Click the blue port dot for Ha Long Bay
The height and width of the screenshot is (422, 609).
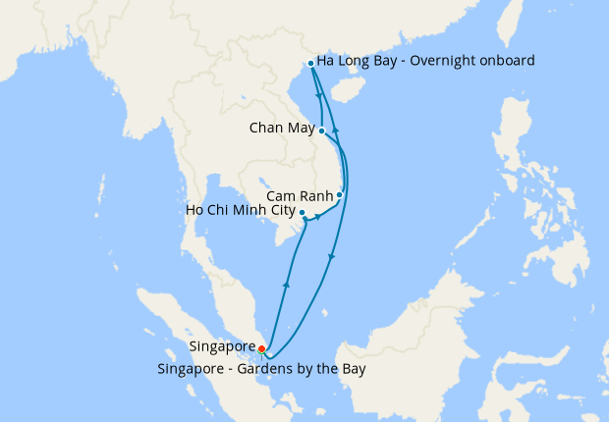tap(311, 63)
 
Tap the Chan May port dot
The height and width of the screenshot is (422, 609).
tap(322, 130)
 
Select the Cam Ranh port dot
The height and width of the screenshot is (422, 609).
tap(339, 194)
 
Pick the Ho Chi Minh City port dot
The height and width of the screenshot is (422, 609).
tap(302, 213)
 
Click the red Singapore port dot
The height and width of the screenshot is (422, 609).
tap(261, 348)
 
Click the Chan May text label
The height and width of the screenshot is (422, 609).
tap(282, 129)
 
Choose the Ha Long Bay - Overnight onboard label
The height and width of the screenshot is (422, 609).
tap(425, 61)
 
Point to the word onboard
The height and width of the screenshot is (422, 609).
tap(505, 61)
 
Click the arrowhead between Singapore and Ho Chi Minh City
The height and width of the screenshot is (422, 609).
tap(286, 284)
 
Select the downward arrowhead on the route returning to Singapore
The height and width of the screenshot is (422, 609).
tap(331, 257)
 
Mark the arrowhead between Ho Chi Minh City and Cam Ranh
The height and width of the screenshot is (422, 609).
tap(317, 216)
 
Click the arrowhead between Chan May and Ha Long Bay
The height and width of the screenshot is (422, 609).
tap(320, 96)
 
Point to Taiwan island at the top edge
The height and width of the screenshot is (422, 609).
tap(511, 25)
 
